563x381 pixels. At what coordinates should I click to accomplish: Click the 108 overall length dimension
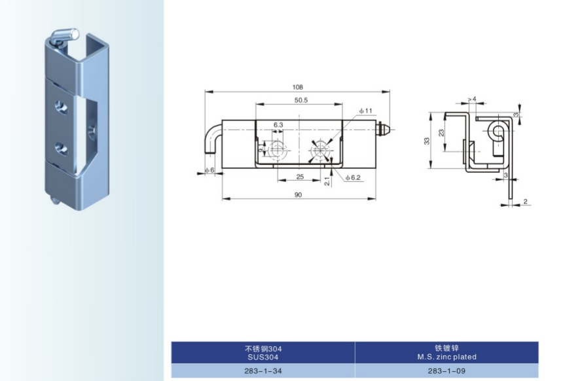(298, 87)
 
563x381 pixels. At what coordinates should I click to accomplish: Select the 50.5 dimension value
(301, 100)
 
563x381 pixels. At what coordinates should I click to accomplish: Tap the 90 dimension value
(298, 195)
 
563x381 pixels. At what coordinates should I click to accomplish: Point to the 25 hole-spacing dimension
(300, 177)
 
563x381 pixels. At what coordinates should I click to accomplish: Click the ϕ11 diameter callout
(365, 111)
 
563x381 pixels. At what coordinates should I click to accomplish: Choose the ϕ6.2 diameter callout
(353, 178)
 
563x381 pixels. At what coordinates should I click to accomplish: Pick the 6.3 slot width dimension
(278, 125)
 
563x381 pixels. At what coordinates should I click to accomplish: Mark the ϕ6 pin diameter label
(209, 170)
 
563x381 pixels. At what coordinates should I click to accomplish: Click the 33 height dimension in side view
(427, 141)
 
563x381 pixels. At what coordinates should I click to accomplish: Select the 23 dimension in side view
(441, 132)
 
